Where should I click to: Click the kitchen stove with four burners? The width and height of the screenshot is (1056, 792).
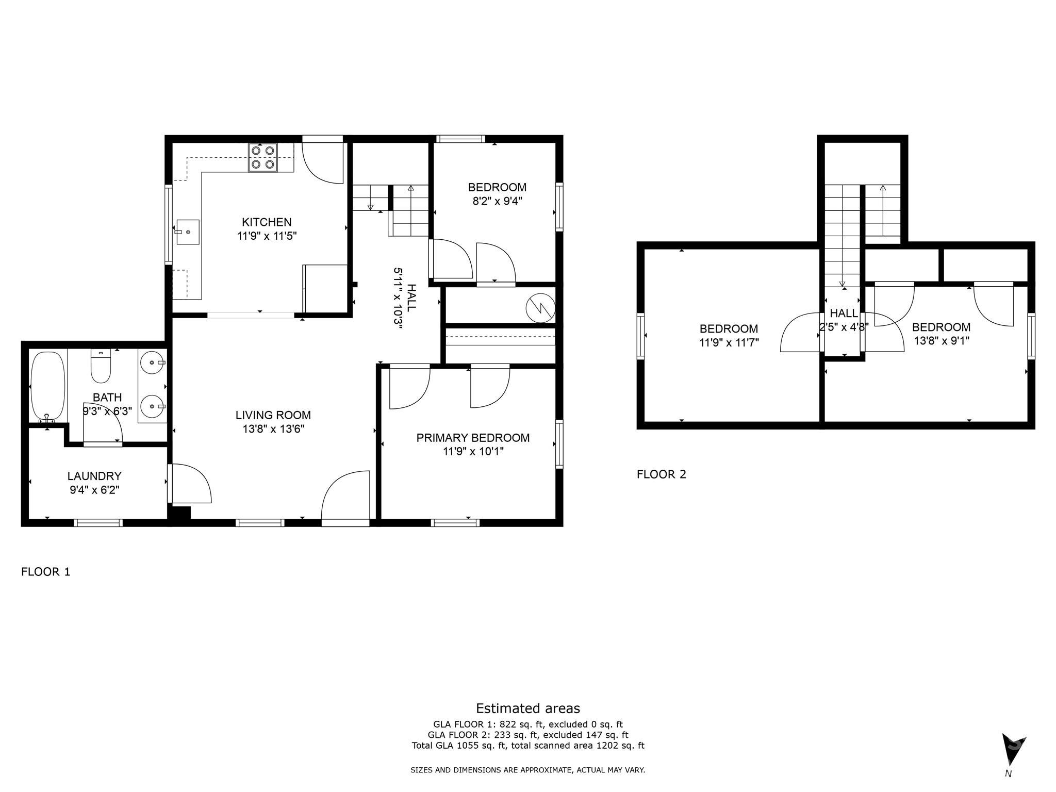pos(263,157)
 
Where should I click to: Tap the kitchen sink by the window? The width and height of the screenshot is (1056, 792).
pos(188,233)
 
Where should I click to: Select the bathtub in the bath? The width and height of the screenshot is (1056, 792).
pos(48,387)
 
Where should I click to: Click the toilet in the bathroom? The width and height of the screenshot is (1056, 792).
pos(101,367)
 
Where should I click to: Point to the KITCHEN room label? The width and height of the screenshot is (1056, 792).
pos(267,222)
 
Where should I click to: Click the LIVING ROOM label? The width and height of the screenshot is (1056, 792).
pos(273,415)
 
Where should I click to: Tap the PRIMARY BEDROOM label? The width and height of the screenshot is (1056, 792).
pos(473,438)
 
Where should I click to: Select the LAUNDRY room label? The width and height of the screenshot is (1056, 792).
pos(94,476)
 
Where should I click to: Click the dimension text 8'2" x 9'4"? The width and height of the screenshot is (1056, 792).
pos(498,201)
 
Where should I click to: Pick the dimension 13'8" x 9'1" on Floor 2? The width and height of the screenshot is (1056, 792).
pos(942,341)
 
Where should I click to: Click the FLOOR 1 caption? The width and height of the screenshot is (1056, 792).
pos(45,572)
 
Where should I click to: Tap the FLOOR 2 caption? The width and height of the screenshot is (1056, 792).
pos(662,474)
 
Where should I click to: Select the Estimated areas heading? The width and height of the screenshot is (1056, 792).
pos(528,708)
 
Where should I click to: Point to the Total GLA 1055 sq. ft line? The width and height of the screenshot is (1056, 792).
pos(528,746)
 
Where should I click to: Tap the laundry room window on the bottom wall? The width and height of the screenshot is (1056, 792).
pos(98,523)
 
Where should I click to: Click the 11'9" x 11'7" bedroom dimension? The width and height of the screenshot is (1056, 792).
pos(729,342)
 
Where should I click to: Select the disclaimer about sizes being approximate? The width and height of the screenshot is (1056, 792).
pos(528,770)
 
